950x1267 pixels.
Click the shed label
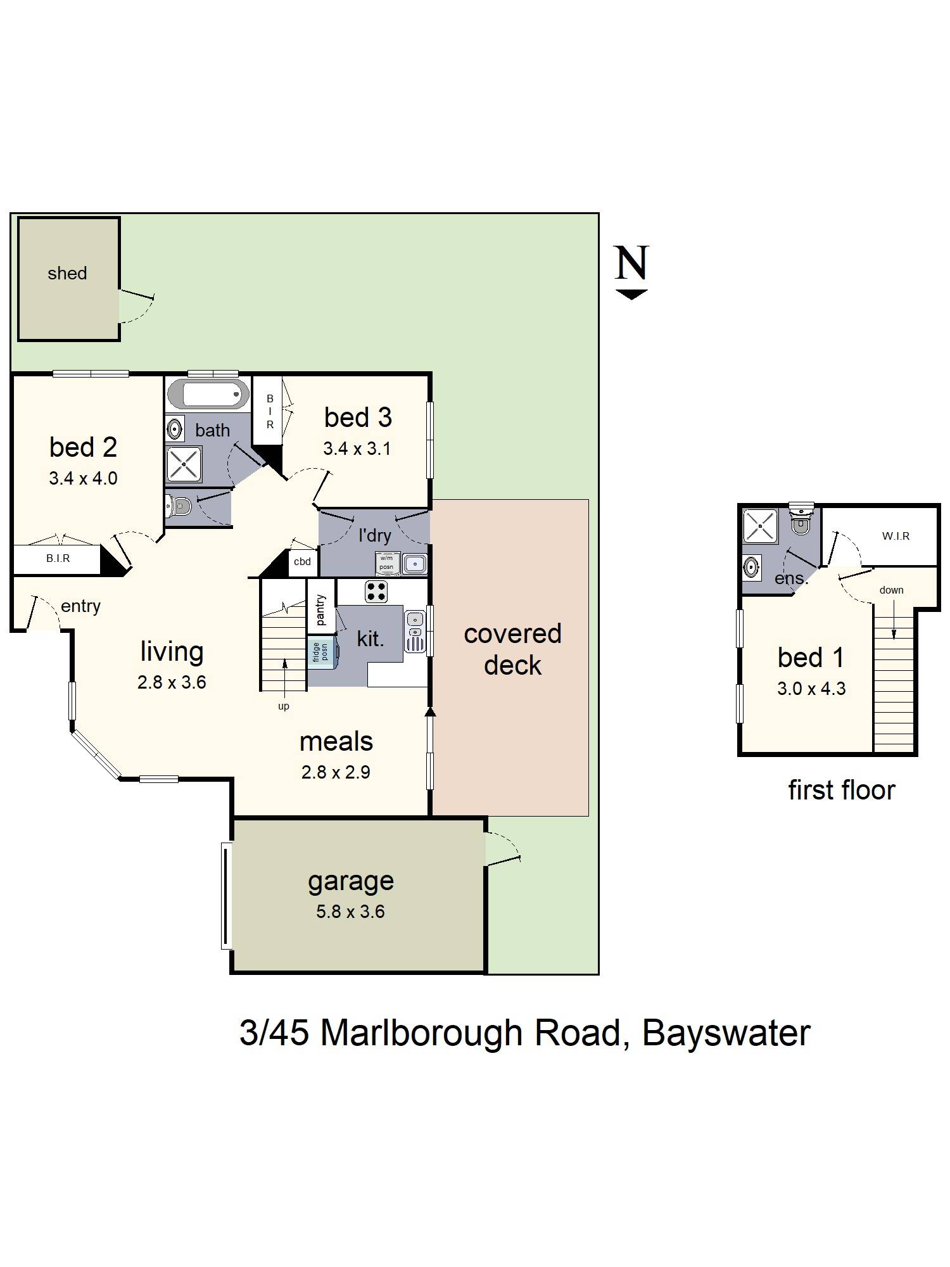tap(67, 274)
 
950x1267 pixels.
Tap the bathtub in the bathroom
tap(208, 395)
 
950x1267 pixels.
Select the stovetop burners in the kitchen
tap(376, 592)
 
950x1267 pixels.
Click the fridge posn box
tap(321, 653)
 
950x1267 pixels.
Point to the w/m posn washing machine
tap(387, 563)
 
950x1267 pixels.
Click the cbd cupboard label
tap(302, 561)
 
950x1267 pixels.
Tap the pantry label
tap(320, 609)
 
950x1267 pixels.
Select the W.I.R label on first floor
tap(896, 537)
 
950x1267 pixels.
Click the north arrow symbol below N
tap(631, 294)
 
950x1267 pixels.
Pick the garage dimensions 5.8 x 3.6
tap(350, 912)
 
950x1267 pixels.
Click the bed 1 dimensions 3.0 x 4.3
tap(811, 689)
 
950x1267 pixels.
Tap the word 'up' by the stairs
tap(284, 706)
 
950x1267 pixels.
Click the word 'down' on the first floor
tap(891, 590)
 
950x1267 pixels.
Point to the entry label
tap(80, 606)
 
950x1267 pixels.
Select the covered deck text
tap(512, 649)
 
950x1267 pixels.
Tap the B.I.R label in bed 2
tap(58, 559)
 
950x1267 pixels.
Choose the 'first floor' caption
tap(841, 791)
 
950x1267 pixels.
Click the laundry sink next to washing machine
tap(415, 563)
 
